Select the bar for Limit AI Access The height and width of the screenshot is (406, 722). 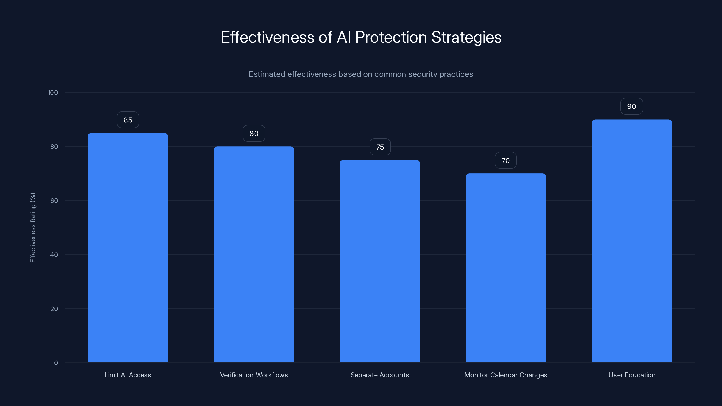[x=128, y=248]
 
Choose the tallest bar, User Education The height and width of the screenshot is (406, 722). [x=632, y=241]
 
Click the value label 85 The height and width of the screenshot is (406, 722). [x=128, y=120]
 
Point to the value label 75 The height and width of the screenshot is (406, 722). [x=380, y=147]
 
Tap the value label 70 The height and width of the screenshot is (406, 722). [x=506, y=161]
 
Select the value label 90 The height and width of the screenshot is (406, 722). [x=632, y=106]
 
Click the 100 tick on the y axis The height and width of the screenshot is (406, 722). [x=53, y=93]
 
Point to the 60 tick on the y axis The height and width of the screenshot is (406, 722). [x=54, y=201]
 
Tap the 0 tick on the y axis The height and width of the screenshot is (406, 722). [x=56, y=363]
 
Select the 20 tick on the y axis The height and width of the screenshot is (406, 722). [x=54, y=309]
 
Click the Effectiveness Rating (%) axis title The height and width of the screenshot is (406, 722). [x=33, y=228]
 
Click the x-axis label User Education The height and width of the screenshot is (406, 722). [x=632, y=375]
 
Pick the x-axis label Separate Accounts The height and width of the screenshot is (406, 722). [x=380, y=375]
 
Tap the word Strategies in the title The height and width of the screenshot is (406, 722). [x=466, y=37]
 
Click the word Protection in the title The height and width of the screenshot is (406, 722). [x=391, y=37]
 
